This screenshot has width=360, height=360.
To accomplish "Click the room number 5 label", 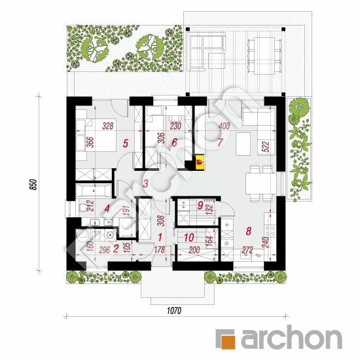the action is click(126, 143).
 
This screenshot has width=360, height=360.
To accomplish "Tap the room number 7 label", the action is click(220, 142).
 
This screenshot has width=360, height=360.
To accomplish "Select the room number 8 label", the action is click(249, 231).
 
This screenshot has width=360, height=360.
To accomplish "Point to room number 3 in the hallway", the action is click(145, 183).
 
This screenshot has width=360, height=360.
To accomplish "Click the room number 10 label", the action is click(189, 238).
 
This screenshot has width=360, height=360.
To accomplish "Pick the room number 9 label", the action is click(200, 206).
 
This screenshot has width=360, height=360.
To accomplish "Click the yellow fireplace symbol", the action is click(200, 162).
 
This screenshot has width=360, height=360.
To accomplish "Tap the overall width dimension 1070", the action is click(174, 311).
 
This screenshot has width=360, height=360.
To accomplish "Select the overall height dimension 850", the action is click(33, 185).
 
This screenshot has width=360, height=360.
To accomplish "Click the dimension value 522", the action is click(265, 147).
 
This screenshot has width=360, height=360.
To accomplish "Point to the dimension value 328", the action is click(108, 126).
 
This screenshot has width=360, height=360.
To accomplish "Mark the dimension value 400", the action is click(224, 126).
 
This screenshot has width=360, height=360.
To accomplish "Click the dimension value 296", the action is click(105, 250).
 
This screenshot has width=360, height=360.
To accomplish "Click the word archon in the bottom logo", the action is click(291, 338).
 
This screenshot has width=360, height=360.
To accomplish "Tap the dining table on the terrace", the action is click(264, 56).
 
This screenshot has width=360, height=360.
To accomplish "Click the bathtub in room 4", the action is click(94, 190).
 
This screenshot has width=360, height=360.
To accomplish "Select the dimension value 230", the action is click(175, 126).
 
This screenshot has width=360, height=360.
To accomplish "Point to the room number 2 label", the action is click(116, 249).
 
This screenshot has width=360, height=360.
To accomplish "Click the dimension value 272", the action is click(247, 250).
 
